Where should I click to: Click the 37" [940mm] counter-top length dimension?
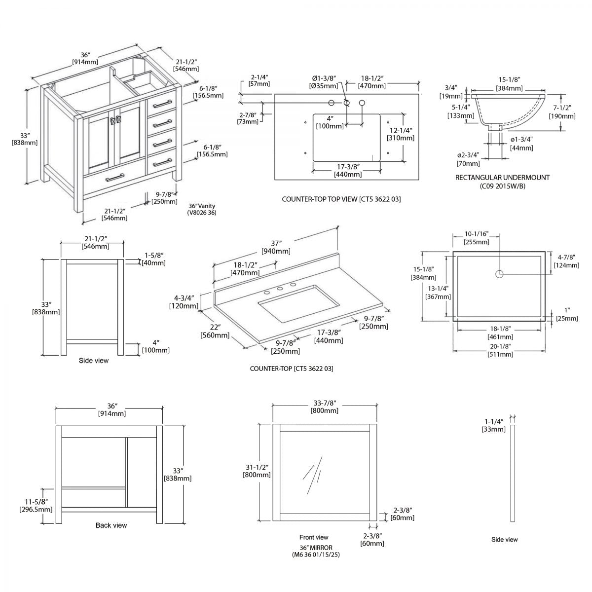point(276,247)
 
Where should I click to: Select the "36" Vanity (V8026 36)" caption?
point(202,209)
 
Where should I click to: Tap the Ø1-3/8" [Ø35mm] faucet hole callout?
point(324,82)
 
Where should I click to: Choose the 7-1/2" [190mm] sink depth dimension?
point(562,112)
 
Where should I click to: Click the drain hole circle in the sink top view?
point(499,274)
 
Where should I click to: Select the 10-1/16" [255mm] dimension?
point(476,238)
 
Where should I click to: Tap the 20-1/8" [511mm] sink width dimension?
point(499,350)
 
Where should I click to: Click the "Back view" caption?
point(111,525)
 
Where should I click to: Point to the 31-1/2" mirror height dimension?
point(256,471)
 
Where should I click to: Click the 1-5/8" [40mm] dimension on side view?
point(154,259)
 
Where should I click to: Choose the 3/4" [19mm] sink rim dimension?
point(451,92)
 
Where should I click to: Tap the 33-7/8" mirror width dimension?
point(324,407)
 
